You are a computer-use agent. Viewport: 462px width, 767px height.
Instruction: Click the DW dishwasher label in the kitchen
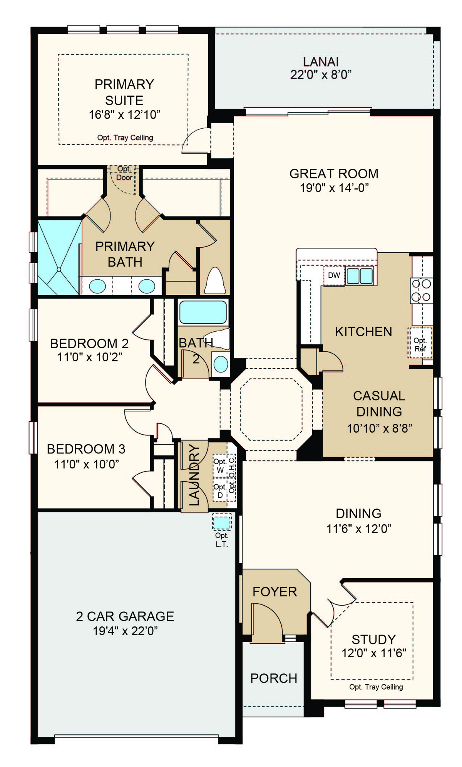click(x=334, y=275)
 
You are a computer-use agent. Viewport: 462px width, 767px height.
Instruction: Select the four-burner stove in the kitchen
click(x=422, y=290)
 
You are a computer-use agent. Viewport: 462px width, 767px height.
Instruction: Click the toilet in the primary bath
click(x=215, y=280)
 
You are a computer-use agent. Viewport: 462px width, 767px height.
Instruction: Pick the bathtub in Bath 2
click(x=203, y=312)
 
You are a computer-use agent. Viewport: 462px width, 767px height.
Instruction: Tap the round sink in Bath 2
click(x=221, y=364)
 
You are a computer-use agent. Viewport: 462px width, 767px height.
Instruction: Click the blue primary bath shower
click(x=60, y=257)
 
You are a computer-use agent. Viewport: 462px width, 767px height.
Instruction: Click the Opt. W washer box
click(x=220, y=466)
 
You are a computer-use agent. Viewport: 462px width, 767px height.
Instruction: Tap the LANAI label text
click(x=321, y=62)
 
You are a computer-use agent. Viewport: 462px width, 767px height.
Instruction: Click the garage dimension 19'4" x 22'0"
click(x=125, y=631)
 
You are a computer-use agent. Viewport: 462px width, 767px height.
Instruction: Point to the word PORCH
click(x=274, y=678)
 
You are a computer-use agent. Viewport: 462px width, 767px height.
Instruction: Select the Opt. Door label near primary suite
click(x=124, y=173)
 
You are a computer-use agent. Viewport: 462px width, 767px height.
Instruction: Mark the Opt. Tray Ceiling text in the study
click(x=376, y=686)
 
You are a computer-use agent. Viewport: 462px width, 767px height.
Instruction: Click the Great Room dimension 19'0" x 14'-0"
click(x=334, y=188)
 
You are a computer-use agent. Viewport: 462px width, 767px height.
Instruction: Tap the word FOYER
click(x=275, y=592)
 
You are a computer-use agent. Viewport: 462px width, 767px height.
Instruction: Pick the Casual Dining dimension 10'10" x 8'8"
click(x=379, y=428)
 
